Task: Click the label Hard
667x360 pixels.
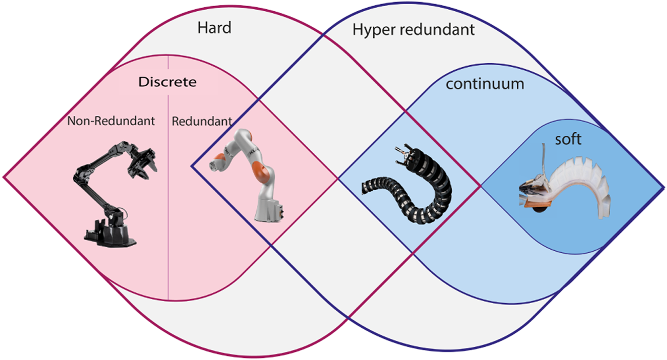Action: [x=214, y=28]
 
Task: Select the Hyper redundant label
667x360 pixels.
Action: [x=413, y=30]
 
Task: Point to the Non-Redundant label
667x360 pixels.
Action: [x=111, y=122]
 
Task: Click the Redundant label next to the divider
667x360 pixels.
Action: [x=201, y=122]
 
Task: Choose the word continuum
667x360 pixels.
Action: [x=484, y=84]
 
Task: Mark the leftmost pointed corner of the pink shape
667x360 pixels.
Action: [x=5, y=177]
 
